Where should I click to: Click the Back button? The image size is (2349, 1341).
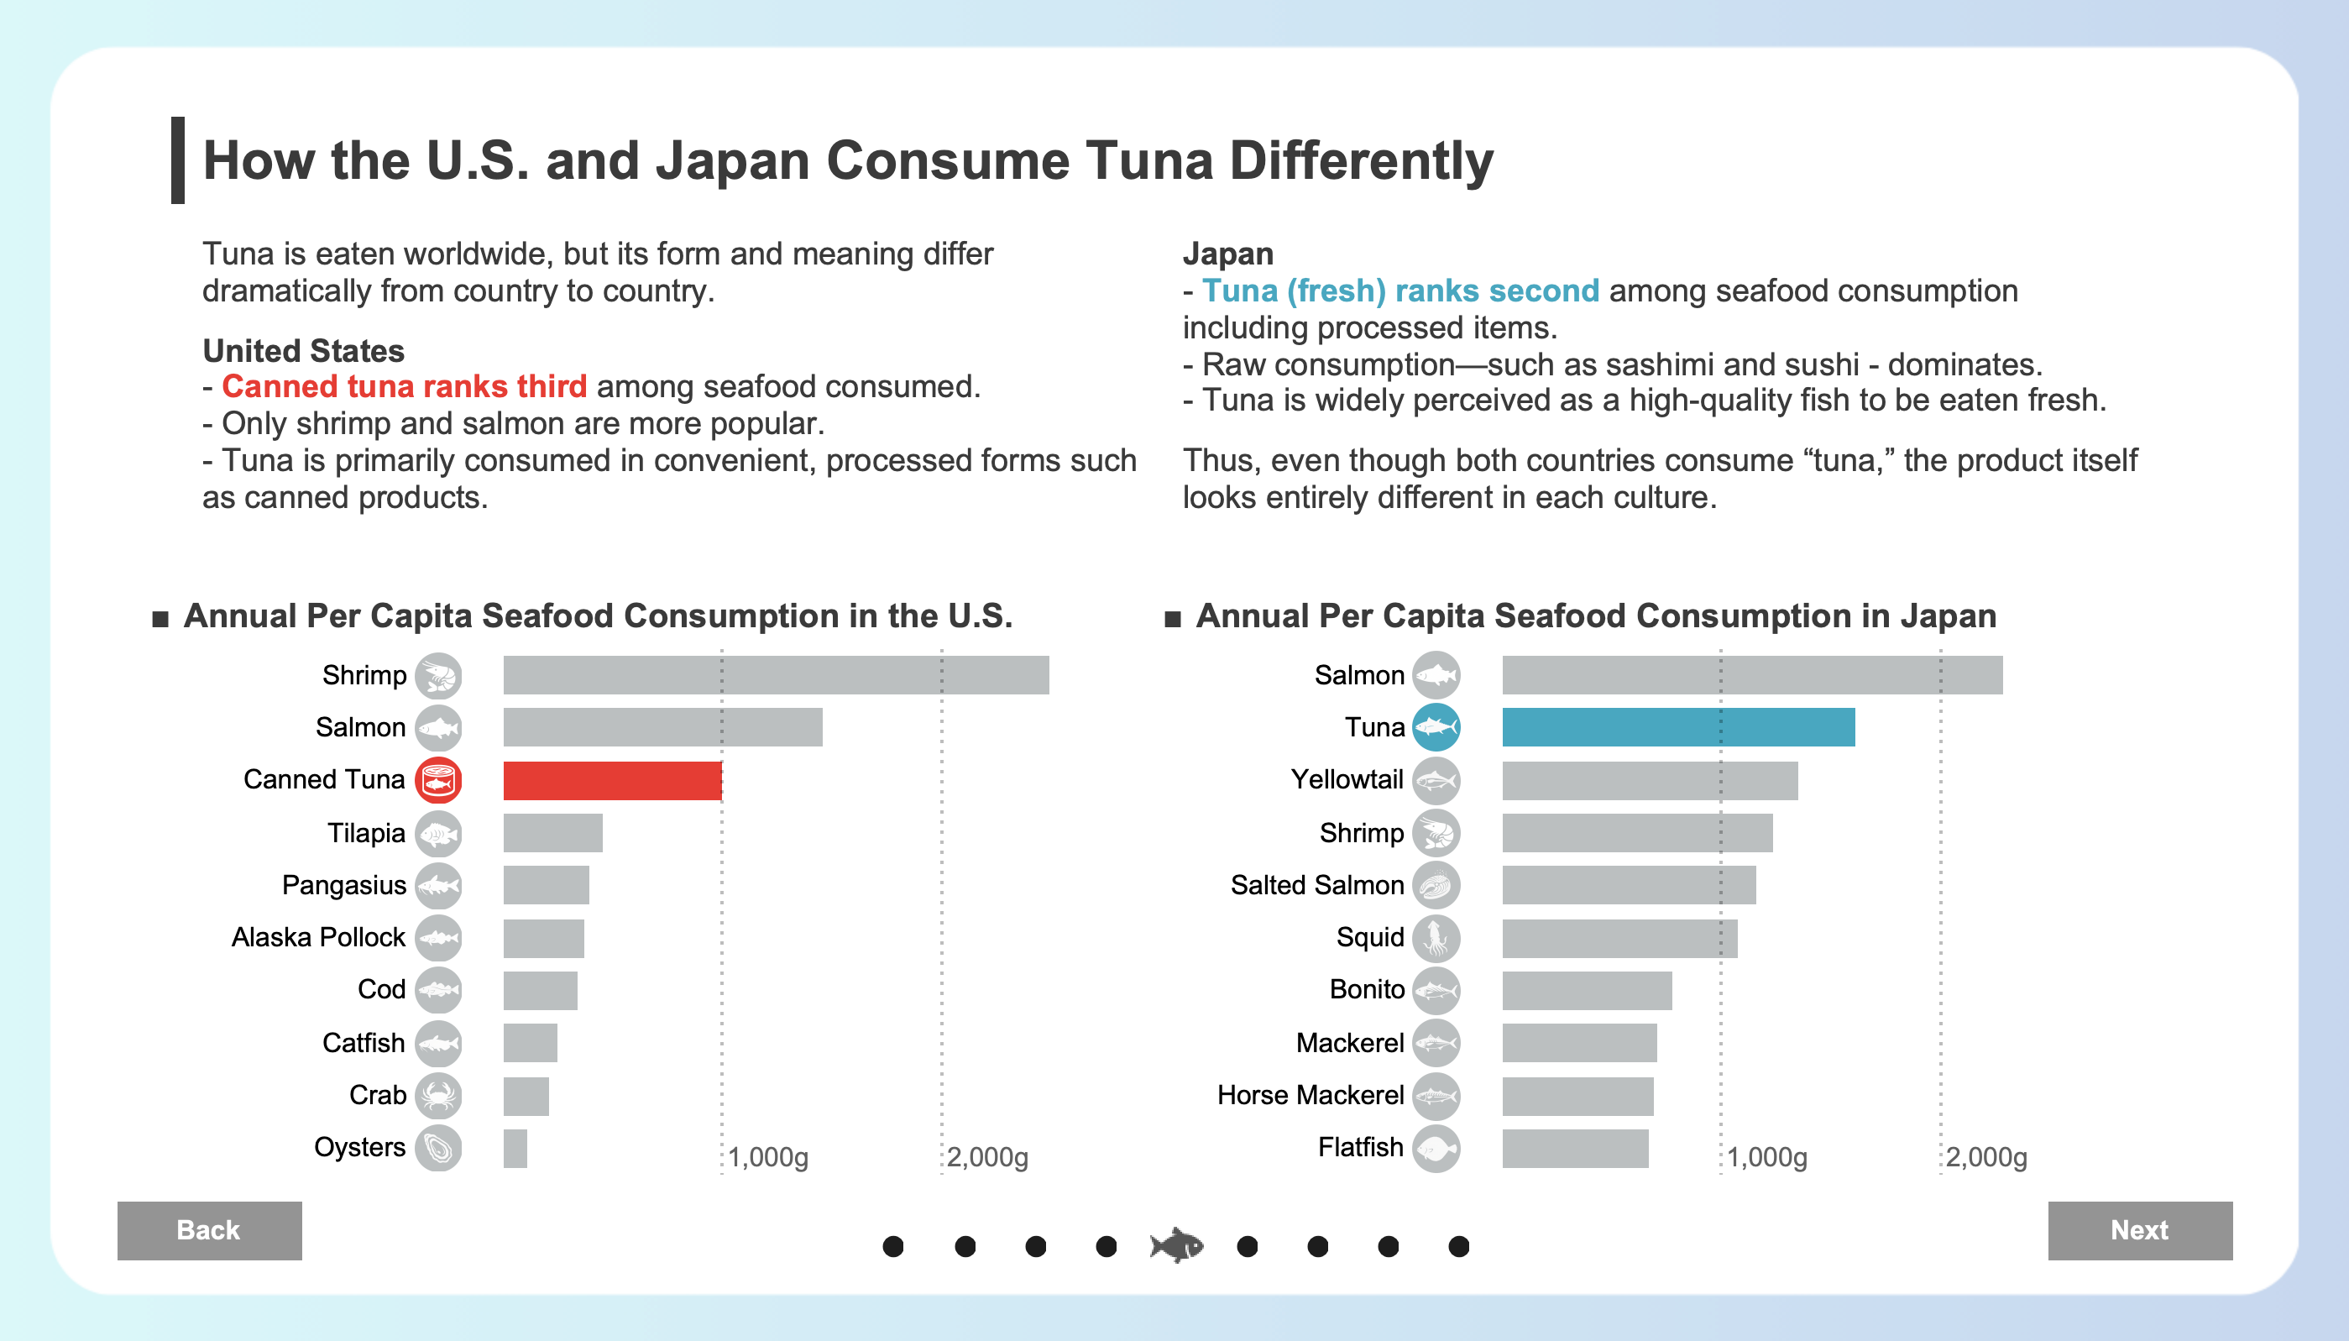[209, 1229]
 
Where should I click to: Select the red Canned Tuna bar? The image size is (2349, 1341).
[611, 780]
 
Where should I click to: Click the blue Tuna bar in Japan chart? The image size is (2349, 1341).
[1677, 726]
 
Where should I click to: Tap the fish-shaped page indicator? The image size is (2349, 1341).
[1177, 1245]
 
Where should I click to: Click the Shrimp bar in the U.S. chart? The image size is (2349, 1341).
[776, 674]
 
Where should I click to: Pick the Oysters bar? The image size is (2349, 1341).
[515, 1148]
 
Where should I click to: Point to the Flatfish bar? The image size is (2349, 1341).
[1575, 1148]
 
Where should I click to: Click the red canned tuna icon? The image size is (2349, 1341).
[438, 780]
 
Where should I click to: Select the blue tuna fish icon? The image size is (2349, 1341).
[1436, 726]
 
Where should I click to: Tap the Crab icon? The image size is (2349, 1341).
[438, 1095]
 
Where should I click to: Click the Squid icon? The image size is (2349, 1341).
[1436, 938]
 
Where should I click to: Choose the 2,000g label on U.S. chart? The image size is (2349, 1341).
[987, 1157]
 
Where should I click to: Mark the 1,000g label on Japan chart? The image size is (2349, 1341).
[1766, 1157]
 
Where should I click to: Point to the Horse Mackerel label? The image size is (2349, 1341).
[1310, 1095]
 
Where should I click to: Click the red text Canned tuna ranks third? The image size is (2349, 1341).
[405, 387]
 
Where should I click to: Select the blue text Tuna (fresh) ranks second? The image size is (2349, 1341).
[1399, 291]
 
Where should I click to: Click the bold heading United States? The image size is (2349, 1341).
[303, 351]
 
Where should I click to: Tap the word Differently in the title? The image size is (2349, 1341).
[1361, 161]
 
